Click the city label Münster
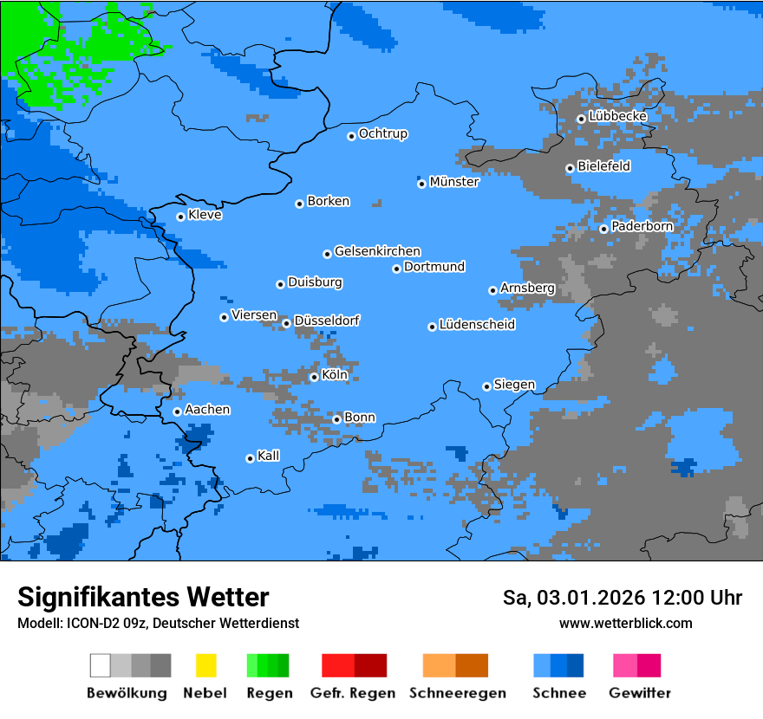click(x=453, y=182)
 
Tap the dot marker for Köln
click(x=314, y=377)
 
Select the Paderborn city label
click(x=642, y=226)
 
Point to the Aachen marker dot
click(x=177, y=411)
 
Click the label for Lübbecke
click(x=617, y=116)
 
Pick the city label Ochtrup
click(x=382, y=133)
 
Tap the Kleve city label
click(x=205, y=215)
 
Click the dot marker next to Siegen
click(x=486, y=386)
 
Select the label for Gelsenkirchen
click(x=377, y=251)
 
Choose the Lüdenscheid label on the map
click(x=477, y=325)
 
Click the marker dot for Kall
click(x=250, y=458)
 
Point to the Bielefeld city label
click(x=603, y=166)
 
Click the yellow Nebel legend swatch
click(x=205, y=665)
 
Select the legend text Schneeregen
click(x=457, y=693)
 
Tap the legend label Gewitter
click(x=640, y=693)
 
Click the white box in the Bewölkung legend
click(x=101, y=665)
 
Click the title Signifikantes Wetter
click(x=143, y=597)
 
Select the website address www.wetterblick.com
click(x=625, y=623)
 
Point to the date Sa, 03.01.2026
click(x=570, y=598)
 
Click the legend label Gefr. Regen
click(x=353, y=693)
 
